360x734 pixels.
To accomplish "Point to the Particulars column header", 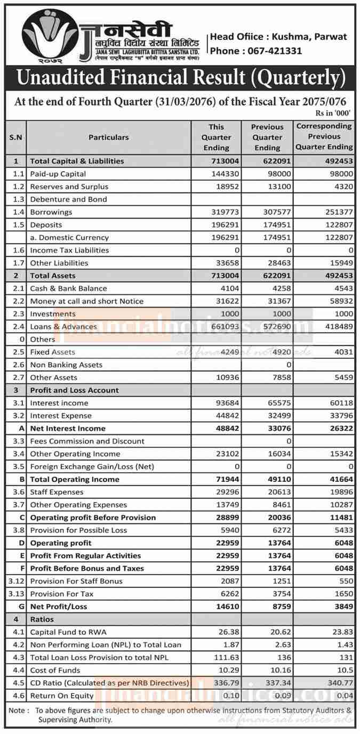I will pos(108,137).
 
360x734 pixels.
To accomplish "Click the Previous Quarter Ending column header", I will pos(267,137).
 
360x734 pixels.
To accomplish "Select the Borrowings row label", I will pos(51,212).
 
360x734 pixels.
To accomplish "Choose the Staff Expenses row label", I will pos(57,492).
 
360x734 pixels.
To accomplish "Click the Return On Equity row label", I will pos(62,696).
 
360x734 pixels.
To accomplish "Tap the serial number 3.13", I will pos(16,594).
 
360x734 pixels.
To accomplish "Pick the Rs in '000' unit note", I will pos(334,113).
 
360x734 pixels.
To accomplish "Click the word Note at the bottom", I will pos(18,711).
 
